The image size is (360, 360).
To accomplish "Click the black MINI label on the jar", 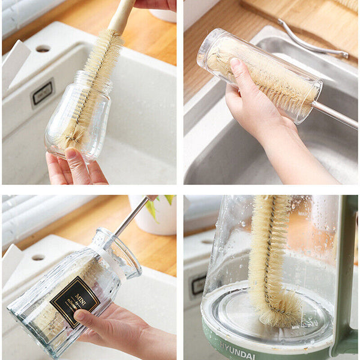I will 74,301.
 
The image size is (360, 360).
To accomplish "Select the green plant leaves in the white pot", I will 157,204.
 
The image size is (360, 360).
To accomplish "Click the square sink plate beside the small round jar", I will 42,93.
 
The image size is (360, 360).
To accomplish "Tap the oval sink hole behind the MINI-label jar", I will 38,257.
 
